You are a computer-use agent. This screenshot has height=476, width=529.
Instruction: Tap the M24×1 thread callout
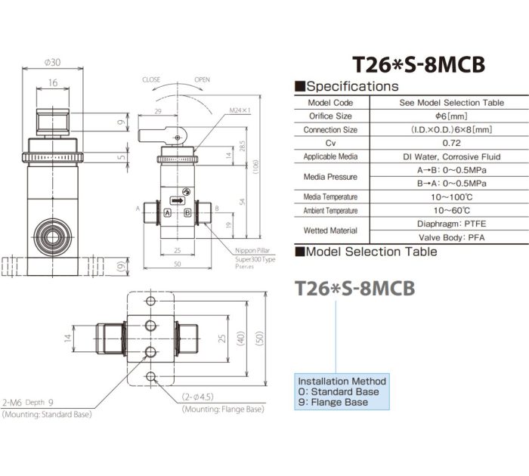(x=240, y=110)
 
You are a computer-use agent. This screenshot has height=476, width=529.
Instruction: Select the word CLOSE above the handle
(x=151, y=79)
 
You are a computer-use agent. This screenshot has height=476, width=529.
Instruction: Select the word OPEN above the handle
(x=202, y=79)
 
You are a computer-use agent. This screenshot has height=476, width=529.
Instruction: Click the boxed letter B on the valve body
(x=187, y=212)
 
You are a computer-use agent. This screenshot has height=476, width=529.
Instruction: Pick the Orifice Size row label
(x=330, y=116)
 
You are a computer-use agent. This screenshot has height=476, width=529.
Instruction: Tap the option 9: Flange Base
(x=333, y=403)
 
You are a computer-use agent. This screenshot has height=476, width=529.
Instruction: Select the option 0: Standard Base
(x=338, y=392)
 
